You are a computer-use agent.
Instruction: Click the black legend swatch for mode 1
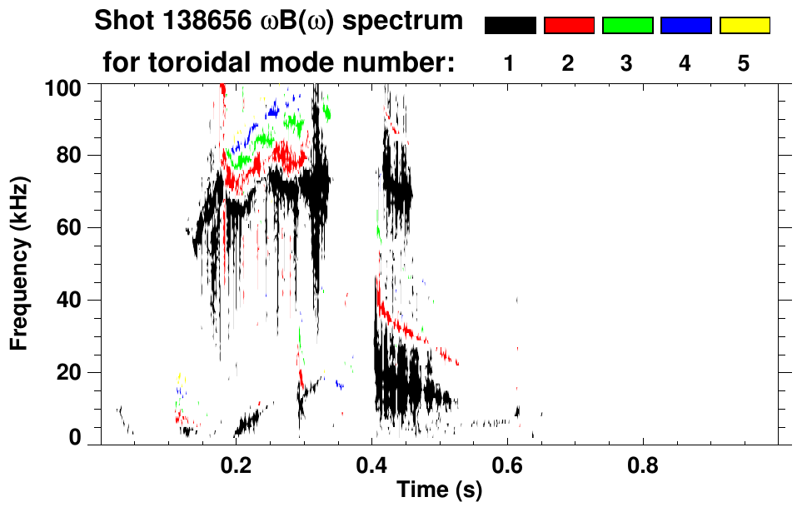(x=510, y=26)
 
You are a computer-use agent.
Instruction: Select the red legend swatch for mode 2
(x=569, y=26)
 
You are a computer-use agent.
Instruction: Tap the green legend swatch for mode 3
(x=627, y=26)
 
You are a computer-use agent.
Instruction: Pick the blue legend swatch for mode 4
(x=685, y=26)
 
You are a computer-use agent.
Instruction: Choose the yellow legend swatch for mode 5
(x=744, y=26)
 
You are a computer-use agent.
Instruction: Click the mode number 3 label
(x=627, y=63)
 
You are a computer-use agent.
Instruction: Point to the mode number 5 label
(x=744, y=63)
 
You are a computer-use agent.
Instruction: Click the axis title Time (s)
(x=439, y=491)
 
